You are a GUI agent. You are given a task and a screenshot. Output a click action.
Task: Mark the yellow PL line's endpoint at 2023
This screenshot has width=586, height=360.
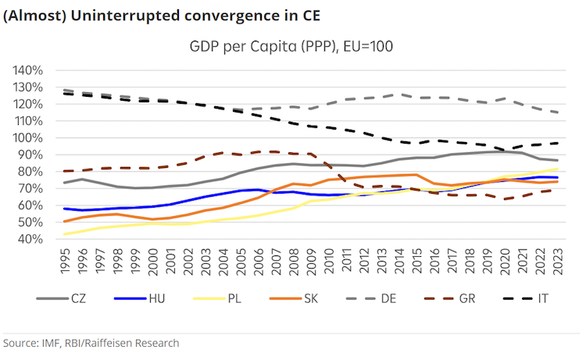tap(556, 169)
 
